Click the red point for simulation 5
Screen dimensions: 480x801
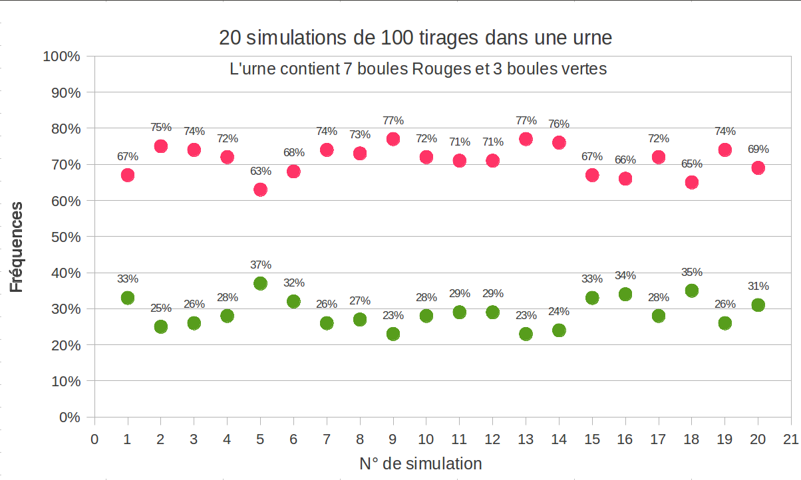pyautogui.click(x=260, y=189)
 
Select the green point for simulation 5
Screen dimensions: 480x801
pyautogui.click(x=260, y=283)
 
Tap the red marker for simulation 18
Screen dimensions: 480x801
pyautogui.click(x=692, y=182)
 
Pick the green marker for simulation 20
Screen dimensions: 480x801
pyautogui.click(x=758, y=305)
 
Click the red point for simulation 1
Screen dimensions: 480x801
pyautogui.click(x=128, y=175)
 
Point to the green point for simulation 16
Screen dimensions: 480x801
pyautogui.click(x=625, y=294)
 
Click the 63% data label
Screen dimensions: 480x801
pyautogui.click(x=261, y=171)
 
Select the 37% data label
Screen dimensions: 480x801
pyautogui.click(x=261, y=265)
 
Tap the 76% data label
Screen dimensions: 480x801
pyautogui.click(x=559, y=124)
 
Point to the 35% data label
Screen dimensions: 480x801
pyautogui.click(x=692, y=272)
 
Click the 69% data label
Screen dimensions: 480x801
pyautogui.click(x=758, y=149)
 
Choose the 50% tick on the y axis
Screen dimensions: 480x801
pyautogui.click(x=66, y=237)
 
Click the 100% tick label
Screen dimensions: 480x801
pyautogui.click(x=62, y=57)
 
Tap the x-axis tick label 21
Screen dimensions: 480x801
pyautogui.click(x=790, y=439)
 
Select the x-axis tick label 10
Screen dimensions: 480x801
pyautogui.click(x=426, y=439)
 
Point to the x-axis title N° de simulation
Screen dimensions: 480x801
pyautogui.click(x=421, y=463)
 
